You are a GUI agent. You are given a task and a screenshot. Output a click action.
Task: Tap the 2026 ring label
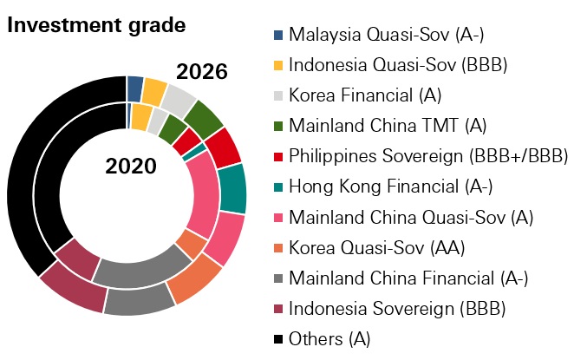click(x=201, y=72)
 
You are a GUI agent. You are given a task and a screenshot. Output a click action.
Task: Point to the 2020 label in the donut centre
click(x=131, y=166)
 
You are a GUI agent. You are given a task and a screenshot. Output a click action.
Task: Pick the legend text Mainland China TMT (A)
click(x=375, y=126)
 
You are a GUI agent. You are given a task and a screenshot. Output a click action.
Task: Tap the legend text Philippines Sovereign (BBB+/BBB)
click(x=428, y=156)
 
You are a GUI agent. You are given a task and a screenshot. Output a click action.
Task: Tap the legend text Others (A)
click(x=329, y=338)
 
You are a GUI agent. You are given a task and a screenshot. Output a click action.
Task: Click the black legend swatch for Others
click(x=277, y=337)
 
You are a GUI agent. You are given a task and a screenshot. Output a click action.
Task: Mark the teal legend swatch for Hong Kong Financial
click(x=277, y=186)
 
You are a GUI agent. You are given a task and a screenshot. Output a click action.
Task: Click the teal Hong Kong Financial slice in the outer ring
click(x=232, y=188)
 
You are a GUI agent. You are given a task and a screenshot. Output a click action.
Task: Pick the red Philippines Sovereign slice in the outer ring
click(x=224, y=147)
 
